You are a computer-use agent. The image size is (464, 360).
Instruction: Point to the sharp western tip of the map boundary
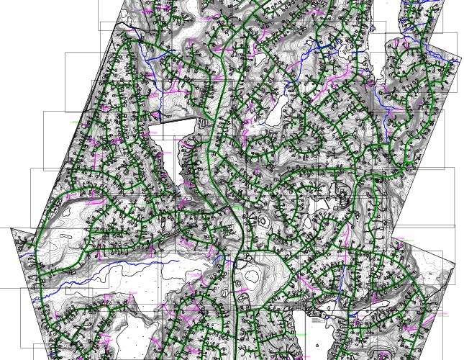coord(12,229)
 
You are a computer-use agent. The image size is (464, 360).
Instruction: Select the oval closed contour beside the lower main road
coord(254,272)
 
